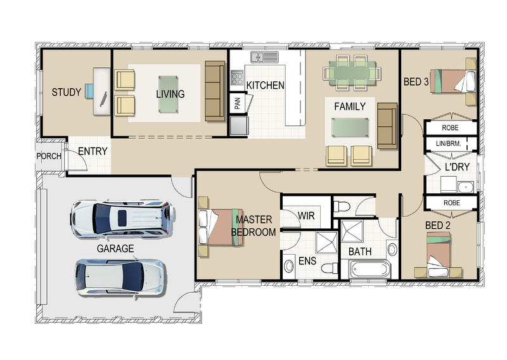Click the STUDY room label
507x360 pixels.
click(x=67, y=92)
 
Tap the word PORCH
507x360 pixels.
click(x=49, y=156)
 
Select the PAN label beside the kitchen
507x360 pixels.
click(x=237, y=103)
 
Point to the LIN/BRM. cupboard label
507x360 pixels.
click(x=448, y=143)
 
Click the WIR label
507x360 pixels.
click(x=306, y=215)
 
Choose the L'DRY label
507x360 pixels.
click(x=457, y=167)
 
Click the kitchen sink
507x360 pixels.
click(x=264, y=57)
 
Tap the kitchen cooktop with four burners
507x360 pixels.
click(x=237, y=77)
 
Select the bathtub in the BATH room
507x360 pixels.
click(x=370, y=269)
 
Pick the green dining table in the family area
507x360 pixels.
click(x=352, y=73)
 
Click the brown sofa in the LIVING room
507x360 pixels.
click(x=215, y=91)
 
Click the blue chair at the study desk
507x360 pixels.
click(x=89, y=91)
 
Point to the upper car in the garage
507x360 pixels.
click(x=123, y=218)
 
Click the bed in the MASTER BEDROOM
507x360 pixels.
click(x=221, y=226)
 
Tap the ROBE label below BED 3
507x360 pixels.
click(x=450, y=128)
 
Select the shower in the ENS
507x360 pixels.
click(x=326, y=242)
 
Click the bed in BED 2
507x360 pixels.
click(x=438, y=255)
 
